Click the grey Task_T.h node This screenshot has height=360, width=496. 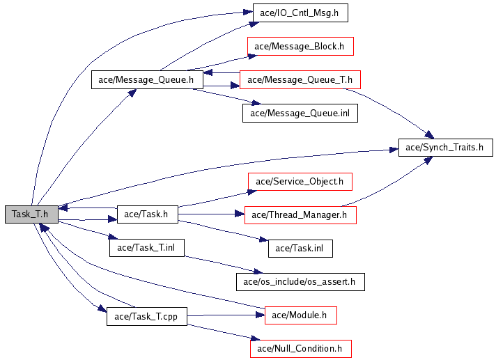point(30,214)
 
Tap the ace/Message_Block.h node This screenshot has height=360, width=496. point(300,47)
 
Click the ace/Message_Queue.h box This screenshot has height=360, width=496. point(146,79)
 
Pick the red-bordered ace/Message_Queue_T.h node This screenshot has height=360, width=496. point(300,79)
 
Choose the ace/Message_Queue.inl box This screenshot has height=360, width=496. point(300,113)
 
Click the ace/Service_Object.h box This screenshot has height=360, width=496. point(300,181)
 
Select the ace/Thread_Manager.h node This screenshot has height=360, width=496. point(300,214)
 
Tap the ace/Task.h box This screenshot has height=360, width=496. point(147,214)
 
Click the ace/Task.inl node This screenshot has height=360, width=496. point(300,248)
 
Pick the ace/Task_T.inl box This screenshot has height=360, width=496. point(146,248)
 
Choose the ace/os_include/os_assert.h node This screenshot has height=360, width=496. point(300,282)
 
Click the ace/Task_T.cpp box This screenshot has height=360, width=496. point(146,317)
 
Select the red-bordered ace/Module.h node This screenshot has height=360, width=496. point(300,315)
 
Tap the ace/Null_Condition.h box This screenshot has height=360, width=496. point(300,348)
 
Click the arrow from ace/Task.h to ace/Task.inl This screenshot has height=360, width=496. point(223,230)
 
